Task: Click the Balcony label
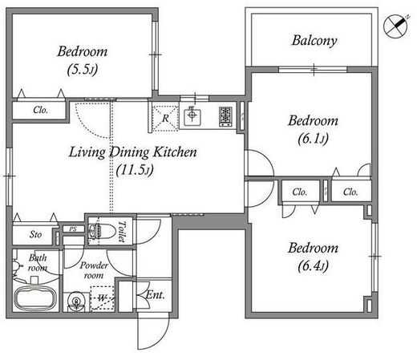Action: pos(314,41)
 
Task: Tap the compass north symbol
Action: pos(396,26)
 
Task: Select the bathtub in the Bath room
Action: pos(35,298)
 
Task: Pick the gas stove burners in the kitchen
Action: pos(226,116)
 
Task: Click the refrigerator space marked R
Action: pos(165,118)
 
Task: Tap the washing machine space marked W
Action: pos(103,298)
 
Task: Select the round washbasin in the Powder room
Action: pos(76,301)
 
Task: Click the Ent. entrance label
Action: pos(156,295)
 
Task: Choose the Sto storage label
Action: pos(35,234)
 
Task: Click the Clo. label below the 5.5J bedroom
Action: pos(41,110)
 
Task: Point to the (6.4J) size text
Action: pos(313,265)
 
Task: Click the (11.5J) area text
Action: pos(135,170)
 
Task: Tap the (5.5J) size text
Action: pos(83,69)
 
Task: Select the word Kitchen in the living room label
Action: pos(175,152)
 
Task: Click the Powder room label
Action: pos(94,270)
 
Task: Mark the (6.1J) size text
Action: pos(313,139)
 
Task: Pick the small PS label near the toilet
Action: pos(73,229)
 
